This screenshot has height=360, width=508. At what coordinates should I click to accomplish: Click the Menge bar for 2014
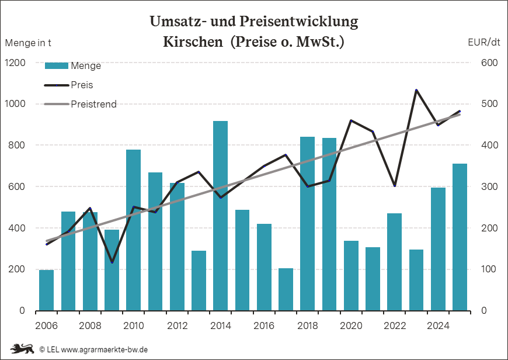coord(220,216)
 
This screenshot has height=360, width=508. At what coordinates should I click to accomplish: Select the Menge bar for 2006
coord(46,290)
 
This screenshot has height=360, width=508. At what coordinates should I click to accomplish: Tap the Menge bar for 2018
coord(308,224)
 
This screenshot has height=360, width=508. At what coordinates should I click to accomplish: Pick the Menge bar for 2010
coord(134,230)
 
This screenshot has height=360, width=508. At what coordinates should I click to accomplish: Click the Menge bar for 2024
coord(438,249)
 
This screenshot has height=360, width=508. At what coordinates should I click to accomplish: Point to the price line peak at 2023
coord(416,90)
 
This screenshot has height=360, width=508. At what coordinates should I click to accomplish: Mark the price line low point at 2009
coord(112,262)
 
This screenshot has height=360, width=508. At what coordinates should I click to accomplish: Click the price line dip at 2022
coord(395,186)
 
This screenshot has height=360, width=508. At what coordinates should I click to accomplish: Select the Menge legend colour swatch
coord(57,66)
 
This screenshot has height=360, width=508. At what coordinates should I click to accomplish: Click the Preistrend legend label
coord(93,104)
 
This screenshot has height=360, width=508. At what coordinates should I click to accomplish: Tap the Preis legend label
coord(82,85)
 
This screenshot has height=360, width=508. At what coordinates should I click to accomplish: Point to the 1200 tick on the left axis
coord(15,63)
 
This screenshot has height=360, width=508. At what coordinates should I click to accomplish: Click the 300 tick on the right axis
coord(489,186)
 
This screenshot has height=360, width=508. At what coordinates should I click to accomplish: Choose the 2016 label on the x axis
coord(264,326)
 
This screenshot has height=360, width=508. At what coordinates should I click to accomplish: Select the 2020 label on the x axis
coord(351,326)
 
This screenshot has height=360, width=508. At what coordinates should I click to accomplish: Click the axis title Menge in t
coord(28,43)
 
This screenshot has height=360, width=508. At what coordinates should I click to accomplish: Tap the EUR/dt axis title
coord(484,42)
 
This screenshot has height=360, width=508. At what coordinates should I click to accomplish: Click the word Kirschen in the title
coord(193,41)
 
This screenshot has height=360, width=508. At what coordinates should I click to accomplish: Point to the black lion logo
coord(22,349)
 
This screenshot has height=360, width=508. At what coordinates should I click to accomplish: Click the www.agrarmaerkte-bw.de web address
coord(105,349)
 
